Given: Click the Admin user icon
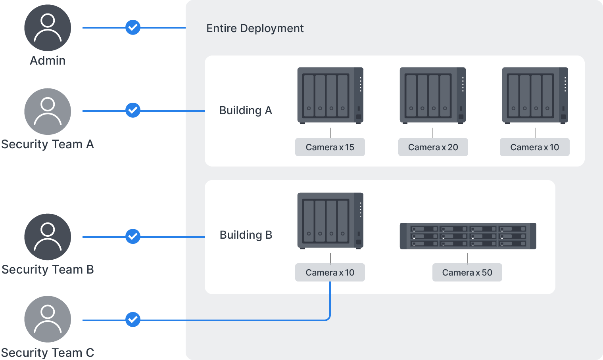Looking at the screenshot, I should pos(48,28).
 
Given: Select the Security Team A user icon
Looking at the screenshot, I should pos(48,111).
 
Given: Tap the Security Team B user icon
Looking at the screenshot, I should pos(48,237).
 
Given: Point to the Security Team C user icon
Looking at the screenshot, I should pos(48,319).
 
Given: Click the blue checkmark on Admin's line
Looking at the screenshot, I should pos(133,27).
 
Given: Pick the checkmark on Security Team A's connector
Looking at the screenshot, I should pos(133,110).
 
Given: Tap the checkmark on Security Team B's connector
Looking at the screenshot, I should pos(133,236).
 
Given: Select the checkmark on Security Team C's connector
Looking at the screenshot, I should pos(133,319).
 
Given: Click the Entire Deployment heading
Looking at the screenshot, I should pos(255,29).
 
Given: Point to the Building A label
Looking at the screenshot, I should pos(246,111).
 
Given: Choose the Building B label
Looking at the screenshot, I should pos(246,235).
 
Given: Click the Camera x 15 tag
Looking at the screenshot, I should pos(330,147).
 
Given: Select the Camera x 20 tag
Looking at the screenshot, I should pos(433,147).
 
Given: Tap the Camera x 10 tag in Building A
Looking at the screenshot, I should pos(534,147).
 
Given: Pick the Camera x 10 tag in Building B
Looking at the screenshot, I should pos(330,272).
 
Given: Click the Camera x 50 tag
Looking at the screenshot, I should pos(467,272).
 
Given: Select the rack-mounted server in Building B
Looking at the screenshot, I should pos(468,236).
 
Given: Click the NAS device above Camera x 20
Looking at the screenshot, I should pos(432,96).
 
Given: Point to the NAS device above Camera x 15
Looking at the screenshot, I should pos(330,96).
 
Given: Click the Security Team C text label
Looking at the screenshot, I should pos(48,352).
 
